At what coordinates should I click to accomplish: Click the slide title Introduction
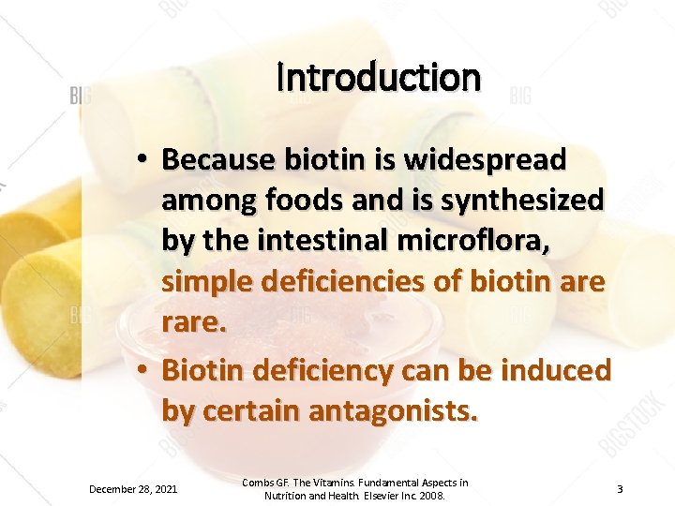379,78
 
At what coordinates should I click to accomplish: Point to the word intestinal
337,239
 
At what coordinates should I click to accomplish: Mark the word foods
299,200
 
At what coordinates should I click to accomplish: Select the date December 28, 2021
134,489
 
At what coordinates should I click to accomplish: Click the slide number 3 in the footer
620,489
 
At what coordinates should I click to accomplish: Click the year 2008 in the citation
430,496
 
